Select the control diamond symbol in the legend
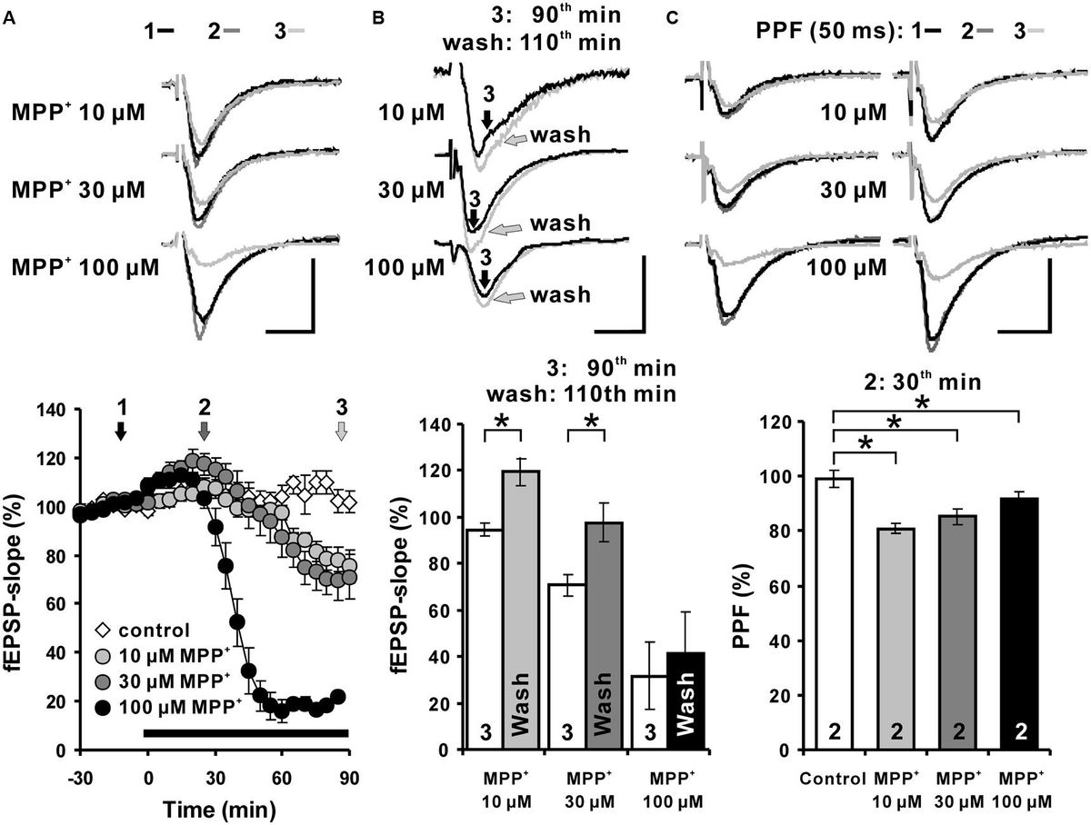pyautogui.click(x=104, y=629)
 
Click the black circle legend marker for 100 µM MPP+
pyautogui.click(x=104, y=700)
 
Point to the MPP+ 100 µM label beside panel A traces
pyautogui.click(x=85, y=268)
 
